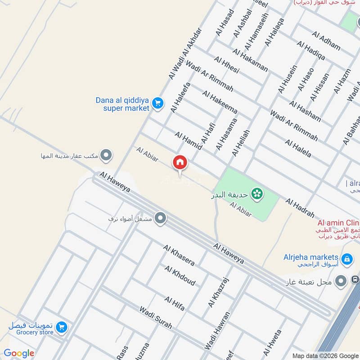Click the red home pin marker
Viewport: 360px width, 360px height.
180,162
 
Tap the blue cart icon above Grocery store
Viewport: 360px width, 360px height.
62,327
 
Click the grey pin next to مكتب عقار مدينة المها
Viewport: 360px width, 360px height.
106,156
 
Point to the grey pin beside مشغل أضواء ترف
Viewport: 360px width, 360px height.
161,219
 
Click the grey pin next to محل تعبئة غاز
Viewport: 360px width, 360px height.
342,281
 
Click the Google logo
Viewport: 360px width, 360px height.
19,353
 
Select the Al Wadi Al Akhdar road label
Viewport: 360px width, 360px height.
185,54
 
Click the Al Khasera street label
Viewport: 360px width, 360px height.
179,255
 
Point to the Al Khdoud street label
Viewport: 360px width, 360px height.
180,276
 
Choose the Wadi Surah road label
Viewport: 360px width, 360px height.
155,318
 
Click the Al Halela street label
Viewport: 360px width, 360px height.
298,148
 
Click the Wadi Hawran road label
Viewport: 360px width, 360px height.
217,331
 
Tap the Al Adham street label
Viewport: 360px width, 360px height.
325,39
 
